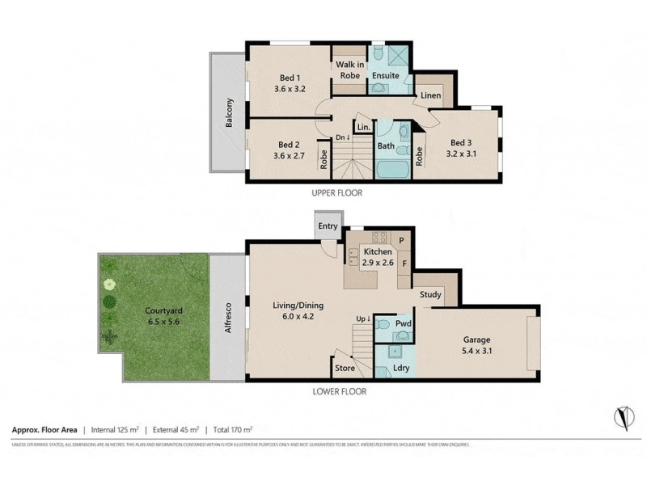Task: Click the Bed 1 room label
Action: point(289,77)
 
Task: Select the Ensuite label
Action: point(385,75)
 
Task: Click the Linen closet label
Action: point(431,96)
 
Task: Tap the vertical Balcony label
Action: point(230,115)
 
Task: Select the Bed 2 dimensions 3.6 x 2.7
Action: point(289,156)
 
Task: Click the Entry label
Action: point(328,226)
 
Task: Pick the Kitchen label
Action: point(378,252)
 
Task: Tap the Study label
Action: point(430,295)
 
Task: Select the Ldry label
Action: point(400,369)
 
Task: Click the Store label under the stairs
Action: point(345,369)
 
